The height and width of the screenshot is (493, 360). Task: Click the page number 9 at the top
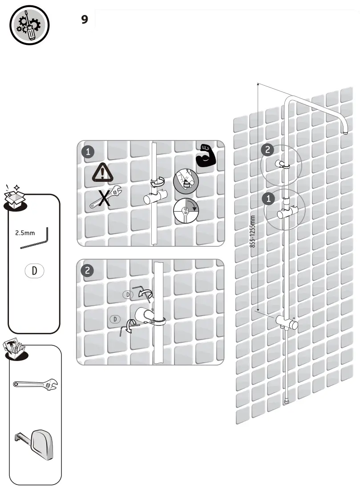coord(85,20)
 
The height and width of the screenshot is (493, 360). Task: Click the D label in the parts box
coord(34,271)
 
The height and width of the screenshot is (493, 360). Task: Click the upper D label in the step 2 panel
coord(128,294)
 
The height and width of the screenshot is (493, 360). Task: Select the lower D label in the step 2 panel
coord(115,319)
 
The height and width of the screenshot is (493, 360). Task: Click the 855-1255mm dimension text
coord(253,231)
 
